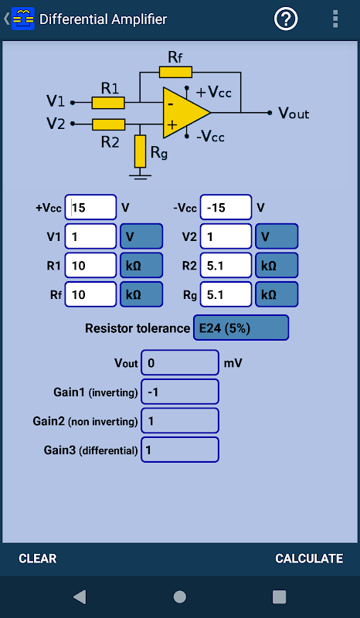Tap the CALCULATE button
pos(309,558)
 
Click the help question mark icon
pos(286,19)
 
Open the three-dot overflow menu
pos(335,19)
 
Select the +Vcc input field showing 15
pos(90,207)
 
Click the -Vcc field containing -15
pos(226,207)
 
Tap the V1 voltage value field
pos(90,236)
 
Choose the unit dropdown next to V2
pos(277,236)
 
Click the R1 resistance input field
pos(90,265)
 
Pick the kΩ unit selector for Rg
pos(277,294)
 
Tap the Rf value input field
pos(90,294)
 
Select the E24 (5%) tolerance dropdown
pos(241,328)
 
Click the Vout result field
pos(180,362)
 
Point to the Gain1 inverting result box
pos(180,392)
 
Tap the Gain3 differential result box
pos(180,450)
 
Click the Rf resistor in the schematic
pos(176,72)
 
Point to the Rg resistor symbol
pos(141,151)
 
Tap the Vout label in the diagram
pos(294,113)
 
